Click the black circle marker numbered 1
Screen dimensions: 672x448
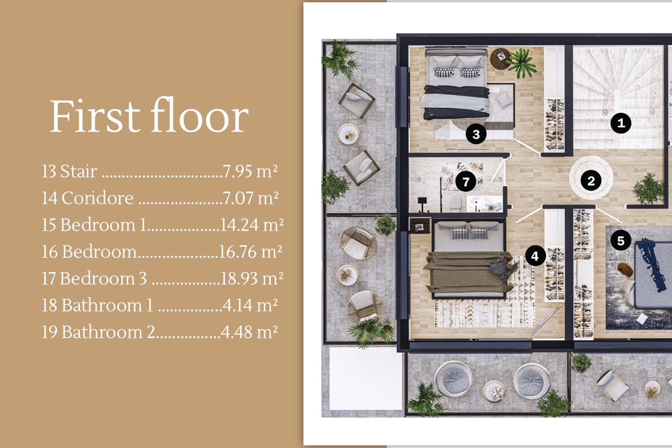(621, 123)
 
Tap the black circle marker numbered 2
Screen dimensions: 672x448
(591, 181)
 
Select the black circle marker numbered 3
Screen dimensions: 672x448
(476, 134)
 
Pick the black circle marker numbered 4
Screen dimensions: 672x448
(535, 256)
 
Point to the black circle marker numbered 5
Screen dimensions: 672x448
(620, 240)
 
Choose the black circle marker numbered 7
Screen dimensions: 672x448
(466, 182)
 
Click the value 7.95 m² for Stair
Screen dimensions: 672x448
(250, 171)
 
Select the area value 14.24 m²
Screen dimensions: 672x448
(252, 225)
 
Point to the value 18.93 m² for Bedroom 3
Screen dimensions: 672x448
(252, 278)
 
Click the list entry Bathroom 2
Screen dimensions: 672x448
(108, 332)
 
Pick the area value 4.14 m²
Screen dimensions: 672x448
(250, 305)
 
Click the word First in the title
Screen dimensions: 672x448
(95, 116)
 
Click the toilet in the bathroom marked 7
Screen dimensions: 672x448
(455, 203)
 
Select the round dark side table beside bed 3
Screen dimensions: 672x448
(500, 59)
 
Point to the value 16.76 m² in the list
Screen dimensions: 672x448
(250, 252)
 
